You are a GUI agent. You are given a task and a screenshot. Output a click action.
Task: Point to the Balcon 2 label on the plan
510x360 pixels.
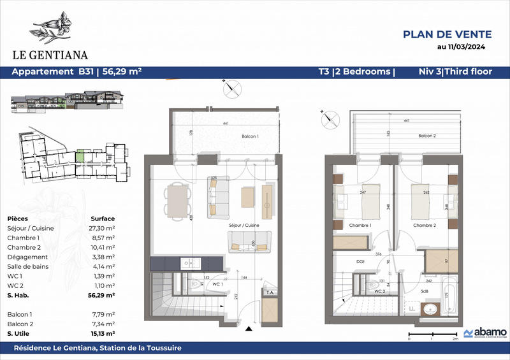coord(426,136)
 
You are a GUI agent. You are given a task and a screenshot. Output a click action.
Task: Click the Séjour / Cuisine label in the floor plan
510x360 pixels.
coord(244,226)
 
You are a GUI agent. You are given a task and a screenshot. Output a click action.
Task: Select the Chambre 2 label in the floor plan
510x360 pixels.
coord(424,226)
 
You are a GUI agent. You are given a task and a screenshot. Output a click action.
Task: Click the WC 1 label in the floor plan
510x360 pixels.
coord(218,283)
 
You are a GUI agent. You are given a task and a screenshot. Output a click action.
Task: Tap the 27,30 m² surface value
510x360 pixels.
coord(102,227)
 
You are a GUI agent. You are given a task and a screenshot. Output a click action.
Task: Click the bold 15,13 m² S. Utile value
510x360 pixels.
coord(102,333)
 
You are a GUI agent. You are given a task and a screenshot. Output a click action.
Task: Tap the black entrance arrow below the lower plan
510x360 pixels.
coord(248,329)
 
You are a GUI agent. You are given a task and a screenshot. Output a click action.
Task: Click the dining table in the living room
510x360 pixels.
coord(177,201)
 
